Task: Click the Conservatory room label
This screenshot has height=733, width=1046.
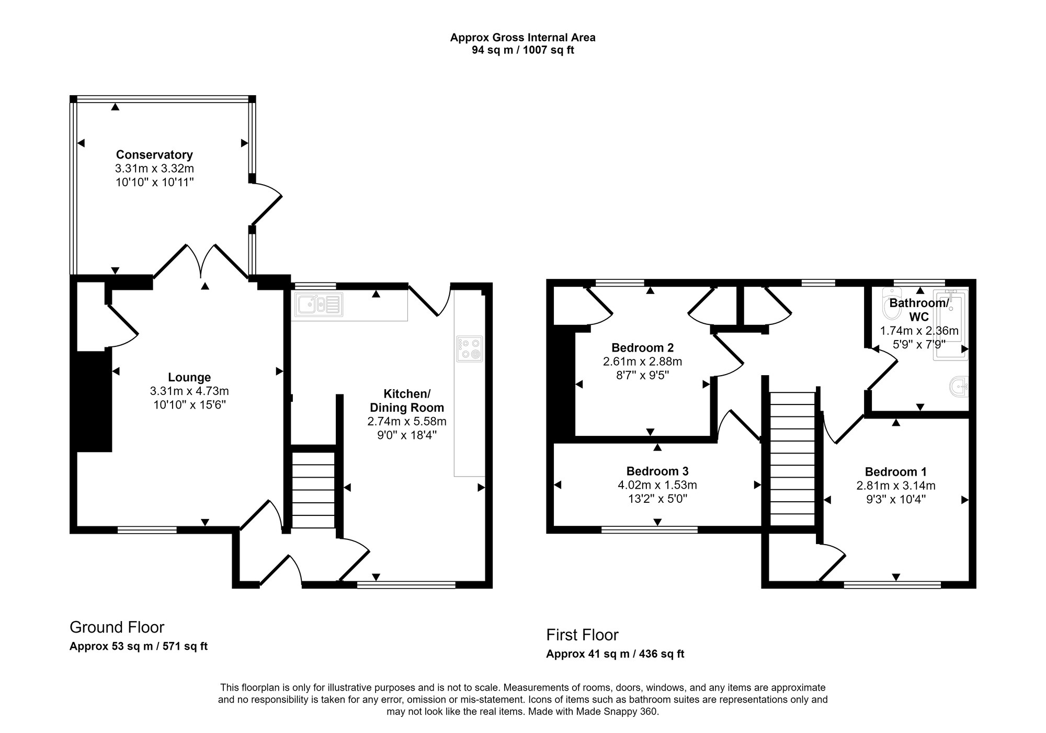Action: click(154, 155)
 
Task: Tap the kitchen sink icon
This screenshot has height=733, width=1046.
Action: click(319, 305)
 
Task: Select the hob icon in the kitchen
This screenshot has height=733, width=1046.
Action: click(469, 349)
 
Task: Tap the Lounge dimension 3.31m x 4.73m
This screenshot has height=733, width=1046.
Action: click(189, 391)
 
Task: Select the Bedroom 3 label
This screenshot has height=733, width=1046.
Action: click(657, 471)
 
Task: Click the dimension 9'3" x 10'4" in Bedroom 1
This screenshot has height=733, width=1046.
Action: click(895, 499)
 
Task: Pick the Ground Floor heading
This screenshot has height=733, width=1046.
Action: click(117, 627)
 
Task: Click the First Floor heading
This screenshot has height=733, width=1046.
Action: click(582, 635)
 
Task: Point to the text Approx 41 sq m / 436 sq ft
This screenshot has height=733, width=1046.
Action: click(615, 654)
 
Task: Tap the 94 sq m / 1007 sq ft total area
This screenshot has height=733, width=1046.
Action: click(522, 51)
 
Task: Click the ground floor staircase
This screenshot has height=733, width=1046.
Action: click(313, 490)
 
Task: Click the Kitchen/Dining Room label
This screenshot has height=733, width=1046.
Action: click(406, 401)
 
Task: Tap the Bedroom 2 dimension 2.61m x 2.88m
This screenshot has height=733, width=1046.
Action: click(642, 362)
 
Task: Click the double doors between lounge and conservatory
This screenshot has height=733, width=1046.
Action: click(201, 262)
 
